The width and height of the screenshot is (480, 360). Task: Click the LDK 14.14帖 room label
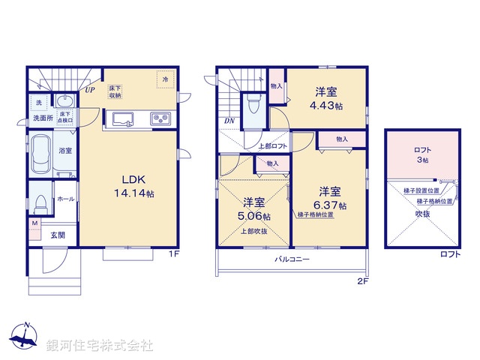[x=139, y=186]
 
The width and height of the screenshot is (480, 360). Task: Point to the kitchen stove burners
[x=161, y=118]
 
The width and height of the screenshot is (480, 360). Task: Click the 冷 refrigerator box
[x=163, y=78]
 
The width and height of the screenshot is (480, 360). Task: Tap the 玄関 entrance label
[x=58, y=235]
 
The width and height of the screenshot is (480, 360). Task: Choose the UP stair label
[x=90, y=91]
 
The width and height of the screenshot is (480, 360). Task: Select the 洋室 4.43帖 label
[x=326, y=99]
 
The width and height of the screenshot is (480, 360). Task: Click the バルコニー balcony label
[x=292, y=259]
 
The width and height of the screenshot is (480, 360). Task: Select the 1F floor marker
[x=173, y=254]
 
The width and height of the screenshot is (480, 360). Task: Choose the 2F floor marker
[x=363, y=282]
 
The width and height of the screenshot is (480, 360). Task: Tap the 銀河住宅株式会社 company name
[x=100, y=346]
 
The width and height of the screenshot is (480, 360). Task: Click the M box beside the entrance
[x=34, y=223]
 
